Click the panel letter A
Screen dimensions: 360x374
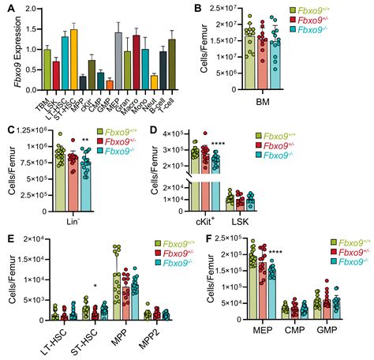coord(6,9)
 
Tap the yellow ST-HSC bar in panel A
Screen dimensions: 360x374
coord(73,60)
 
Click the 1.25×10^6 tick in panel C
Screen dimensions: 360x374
coord(36,129)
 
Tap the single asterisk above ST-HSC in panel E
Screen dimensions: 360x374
coord(95,286)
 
